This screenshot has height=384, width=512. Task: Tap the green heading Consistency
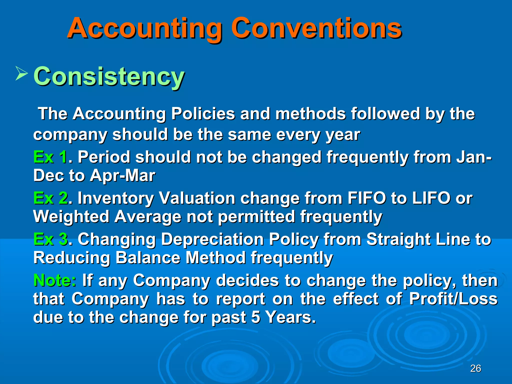click(x=109, y=76)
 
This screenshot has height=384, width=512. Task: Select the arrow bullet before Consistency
click(x=21, y=73)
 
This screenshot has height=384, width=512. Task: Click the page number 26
click(x=475, y=368)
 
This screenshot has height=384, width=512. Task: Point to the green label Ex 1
click(x=50, y=157)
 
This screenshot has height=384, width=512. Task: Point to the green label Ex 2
click(x=50, y=198)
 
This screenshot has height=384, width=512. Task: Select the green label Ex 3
click(x=50, y=239)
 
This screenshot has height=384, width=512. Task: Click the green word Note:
click(x=55, y=280)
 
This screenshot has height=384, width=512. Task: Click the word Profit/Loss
click(x=453, y=299)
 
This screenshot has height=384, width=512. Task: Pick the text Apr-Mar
click(x=122, y=176)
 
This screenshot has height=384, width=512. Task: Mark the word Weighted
click(x=71, y=217)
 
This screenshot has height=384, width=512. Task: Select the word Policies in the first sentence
click(x=203, y=114)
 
